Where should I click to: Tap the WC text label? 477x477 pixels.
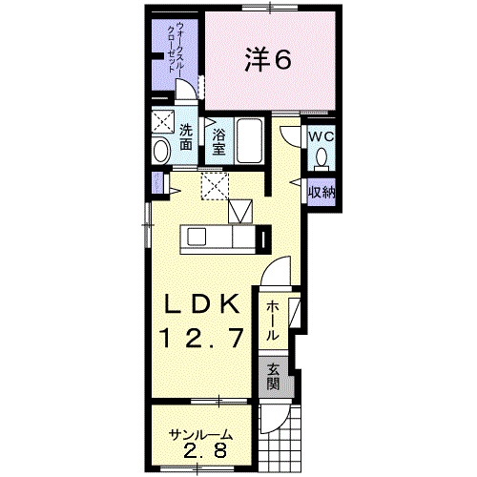point(319,135)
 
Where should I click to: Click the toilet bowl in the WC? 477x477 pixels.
point(322,158)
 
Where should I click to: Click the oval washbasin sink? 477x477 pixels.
point(161,150)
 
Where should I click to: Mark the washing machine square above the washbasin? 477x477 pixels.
point(162,123)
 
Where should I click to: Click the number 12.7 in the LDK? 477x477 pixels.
point(205,336)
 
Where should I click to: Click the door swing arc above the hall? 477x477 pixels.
point(277,272)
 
